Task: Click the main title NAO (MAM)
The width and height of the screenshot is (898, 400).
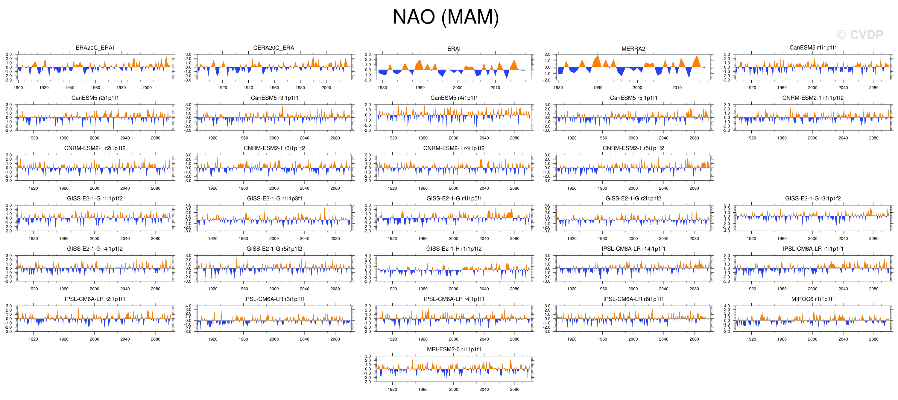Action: click(x=446, y=17)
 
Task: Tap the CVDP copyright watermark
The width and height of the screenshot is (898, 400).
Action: click(x=860, y=35)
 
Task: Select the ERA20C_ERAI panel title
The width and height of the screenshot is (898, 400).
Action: click(x=95, y=48)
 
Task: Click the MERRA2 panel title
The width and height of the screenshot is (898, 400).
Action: click(x=633, y=49)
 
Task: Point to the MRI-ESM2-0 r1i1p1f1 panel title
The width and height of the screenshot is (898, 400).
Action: click(x=454, y=349)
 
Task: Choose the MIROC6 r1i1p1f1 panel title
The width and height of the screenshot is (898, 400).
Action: click(x=813, y=299)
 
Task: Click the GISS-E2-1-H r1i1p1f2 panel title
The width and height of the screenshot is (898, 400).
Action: click(x=454, y=249)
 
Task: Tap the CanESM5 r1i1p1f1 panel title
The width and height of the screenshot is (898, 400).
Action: click(x=813, y=48)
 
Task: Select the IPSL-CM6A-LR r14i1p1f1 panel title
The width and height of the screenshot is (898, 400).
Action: click(x=633, y=249)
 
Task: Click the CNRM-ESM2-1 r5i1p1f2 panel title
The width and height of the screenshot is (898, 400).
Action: click(x=633, y=148)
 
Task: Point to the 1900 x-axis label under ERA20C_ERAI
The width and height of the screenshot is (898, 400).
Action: click(x=18, y=88)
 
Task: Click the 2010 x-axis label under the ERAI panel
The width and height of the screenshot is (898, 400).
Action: click(x=495, y=88)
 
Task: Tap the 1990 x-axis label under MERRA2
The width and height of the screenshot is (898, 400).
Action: click(x=598, y=88)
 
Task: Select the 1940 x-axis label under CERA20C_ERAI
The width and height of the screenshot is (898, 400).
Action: click(x=248, y=88)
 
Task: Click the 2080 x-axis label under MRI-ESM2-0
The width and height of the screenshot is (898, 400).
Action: click(x=515, y=390)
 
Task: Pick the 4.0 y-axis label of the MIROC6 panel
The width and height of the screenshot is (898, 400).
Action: click(x=727, y=306)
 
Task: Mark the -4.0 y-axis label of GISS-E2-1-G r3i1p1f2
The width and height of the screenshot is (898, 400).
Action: click(x=727, y=231)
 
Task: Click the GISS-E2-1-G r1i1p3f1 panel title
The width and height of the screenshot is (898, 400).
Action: click(x=274, y=198)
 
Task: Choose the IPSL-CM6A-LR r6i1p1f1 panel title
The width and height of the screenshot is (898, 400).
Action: click(x=633, y=299)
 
